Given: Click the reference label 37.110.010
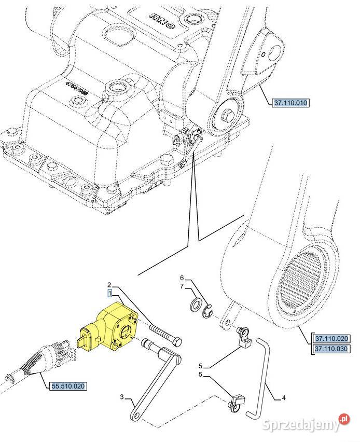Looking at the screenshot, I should (290, 103).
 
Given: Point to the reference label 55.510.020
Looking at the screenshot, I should (68, 386).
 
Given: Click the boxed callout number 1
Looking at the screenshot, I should (110, 293).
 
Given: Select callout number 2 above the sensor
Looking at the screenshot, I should (110, 285).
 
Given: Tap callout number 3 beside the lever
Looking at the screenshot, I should (122, 397).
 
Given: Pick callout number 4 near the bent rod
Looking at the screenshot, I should (284, 398).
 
